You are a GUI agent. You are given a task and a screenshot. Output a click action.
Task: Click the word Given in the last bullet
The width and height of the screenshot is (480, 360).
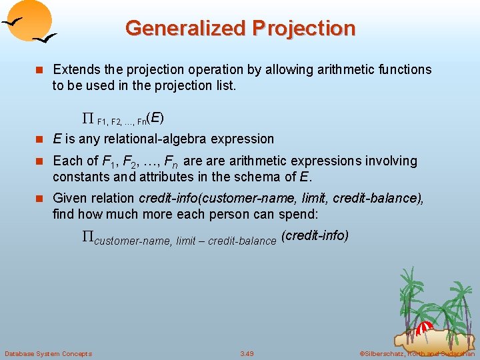pos(68,199)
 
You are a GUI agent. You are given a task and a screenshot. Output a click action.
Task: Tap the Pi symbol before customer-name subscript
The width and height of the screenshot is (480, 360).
pos(87,237)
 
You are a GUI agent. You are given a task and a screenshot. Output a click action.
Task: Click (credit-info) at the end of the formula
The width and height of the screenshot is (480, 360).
pos(315,236)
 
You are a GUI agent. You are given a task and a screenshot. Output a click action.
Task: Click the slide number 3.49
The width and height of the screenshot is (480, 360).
pos(247,353)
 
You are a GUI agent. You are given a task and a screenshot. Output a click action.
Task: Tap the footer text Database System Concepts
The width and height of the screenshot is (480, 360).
pos(48,353)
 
